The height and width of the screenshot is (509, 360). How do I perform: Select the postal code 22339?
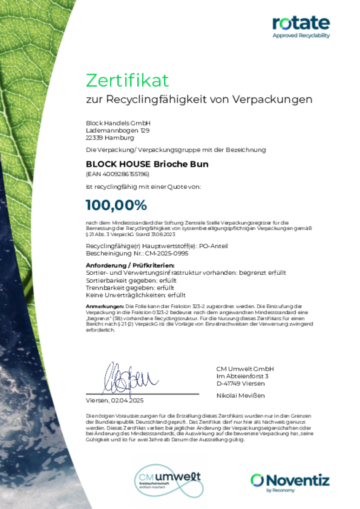(x=94, y=138)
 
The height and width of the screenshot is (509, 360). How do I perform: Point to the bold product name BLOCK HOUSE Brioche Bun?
(x=147, y=163)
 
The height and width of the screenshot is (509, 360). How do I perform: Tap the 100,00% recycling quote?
(x=116, y=205)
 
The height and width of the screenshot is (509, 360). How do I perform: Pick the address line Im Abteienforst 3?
(x=242, y=376)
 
